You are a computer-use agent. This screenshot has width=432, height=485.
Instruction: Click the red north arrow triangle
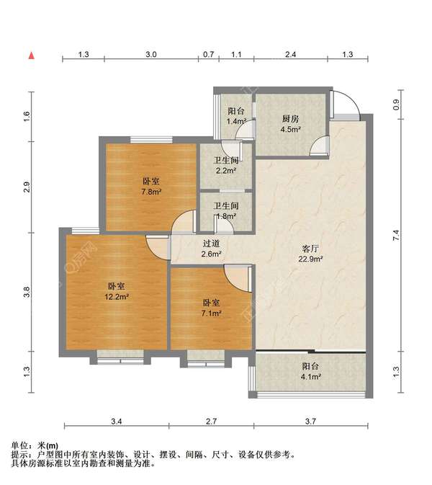32,55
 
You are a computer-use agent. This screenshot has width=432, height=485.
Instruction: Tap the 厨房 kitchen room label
290,119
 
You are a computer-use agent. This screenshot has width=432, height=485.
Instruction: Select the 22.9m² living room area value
310,259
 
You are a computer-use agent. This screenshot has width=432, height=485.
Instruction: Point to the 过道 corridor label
212,244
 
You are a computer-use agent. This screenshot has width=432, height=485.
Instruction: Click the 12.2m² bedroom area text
117,297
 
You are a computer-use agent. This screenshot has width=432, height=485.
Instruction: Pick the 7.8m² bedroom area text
151,192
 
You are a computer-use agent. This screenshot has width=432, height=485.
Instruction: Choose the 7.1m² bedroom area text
212,313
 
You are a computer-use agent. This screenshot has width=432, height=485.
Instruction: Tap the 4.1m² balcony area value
310,377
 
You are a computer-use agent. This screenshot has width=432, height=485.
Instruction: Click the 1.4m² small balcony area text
236,121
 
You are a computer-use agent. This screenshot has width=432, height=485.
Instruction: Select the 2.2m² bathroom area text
226,171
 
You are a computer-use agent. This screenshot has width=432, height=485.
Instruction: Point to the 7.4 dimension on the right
396,236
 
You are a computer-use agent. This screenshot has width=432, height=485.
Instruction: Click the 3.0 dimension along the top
150,55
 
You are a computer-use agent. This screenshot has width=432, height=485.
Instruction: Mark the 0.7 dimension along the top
209,55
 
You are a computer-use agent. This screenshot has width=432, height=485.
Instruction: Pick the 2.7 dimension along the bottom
212,421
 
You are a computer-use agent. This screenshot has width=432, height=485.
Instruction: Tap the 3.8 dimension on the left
27,292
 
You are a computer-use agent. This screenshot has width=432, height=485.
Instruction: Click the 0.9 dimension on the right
396,104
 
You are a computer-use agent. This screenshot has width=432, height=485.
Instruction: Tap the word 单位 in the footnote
19,445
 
